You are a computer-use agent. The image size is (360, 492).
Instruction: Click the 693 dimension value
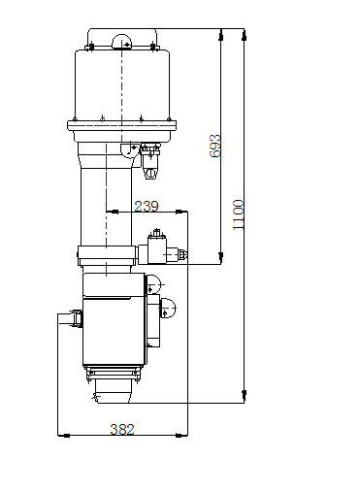pos(215,146)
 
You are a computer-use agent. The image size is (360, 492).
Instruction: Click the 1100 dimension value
pos(238,214)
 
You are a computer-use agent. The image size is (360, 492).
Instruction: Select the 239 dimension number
pos(147,206)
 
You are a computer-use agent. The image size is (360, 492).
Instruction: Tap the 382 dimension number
pos(122,429)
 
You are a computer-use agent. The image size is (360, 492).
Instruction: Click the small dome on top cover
pos(122,42)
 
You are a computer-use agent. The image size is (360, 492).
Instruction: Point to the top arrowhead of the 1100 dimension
pos(245,34)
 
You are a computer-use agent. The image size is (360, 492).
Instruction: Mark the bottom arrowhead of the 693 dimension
pos(221,258)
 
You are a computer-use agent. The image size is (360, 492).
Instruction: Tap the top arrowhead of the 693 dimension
pos(221,35)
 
